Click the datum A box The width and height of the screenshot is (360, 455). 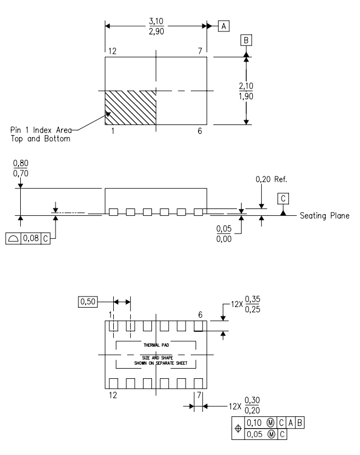click(x=224, y=26)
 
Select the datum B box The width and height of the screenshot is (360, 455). click(x=246, y=40)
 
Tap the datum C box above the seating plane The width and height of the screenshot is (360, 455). click(x=283, y=199)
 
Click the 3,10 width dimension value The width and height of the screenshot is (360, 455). click(x=156, y=21)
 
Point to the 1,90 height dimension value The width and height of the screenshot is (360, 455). click(x=246, y=96)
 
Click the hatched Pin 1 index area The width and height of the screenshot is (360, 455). click(x=130, y=108)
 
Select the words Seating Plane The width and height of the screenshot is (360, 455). click(x=325, y=216)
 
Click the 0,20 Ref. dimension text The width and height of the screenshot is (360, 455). click(x=271, y=179)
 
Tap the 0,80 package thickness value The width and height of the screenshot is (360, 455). click(x=21, y=163)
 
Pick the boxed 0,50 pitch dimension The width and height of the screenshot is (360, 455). click(x=87, y=302)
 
